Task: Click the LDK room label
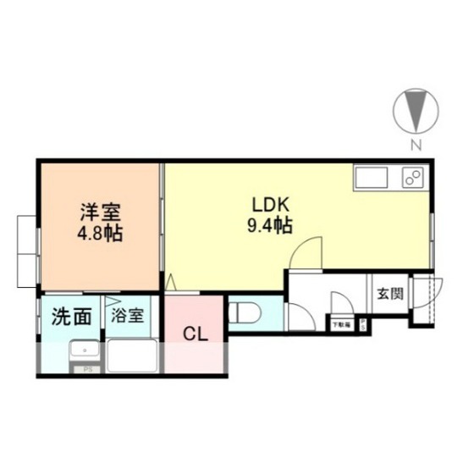point(270,205)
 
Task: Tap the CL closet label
point(196,333)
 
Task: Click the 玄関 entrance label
point(390,295)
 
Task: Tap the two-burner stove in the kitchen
point(414,179)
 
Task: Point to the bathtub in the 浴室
point(133,355)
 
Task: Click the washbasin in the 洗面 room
point(83,353)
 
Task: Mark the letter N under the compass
point(416,145)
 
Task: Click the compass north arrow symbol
point(416,111)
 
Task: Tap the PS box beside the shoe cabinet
point(362,323)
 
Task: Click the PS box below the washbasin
point(85,370)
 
